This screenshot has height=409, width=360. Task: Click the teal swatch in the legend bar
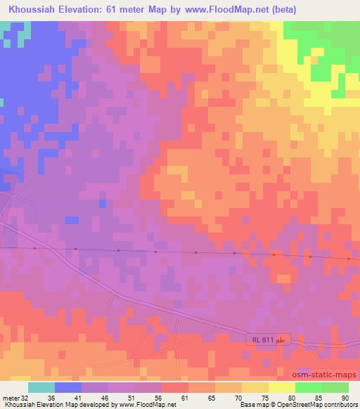tap(41, 387)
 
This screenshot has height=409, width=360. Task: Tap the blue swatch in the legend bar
tap(68, 387)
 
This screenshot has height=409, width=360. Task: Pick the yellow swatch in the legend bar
tap(281, 387)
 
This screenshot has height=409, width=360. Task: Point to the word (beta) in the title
tap(279, 10)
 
